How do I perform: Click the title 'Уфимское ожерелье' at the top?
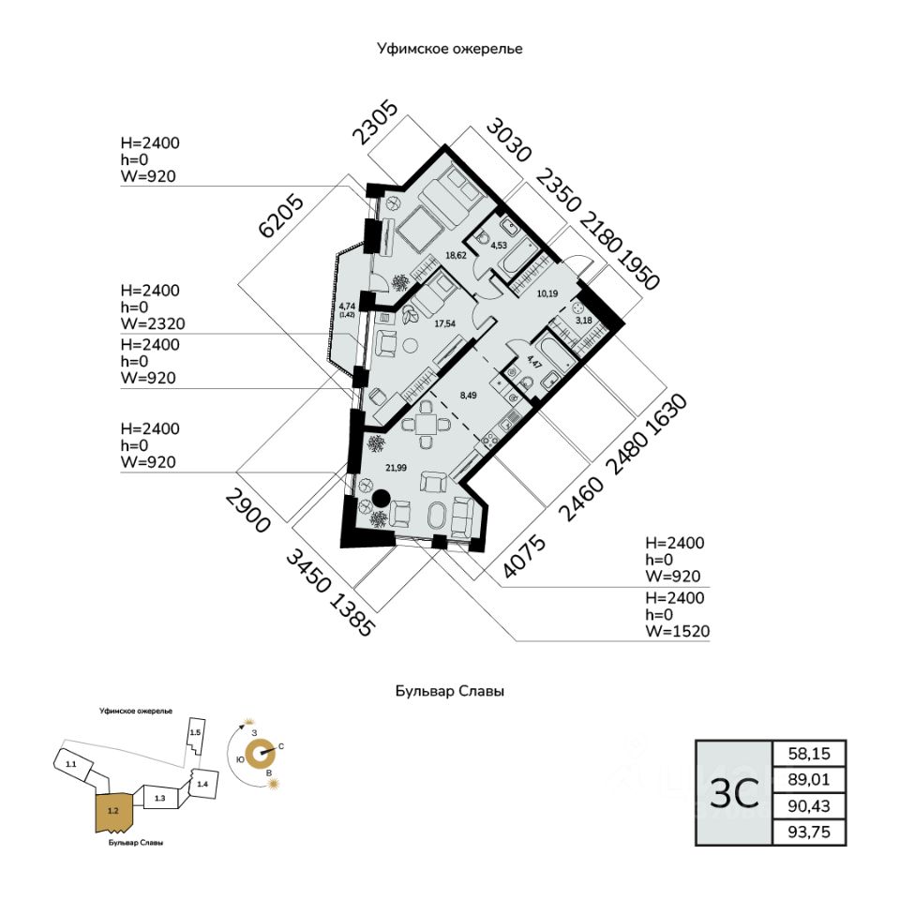pos(449,49)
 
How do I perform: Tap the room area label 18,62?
pos(456,254)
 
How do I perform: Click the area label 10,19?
pos(547,292)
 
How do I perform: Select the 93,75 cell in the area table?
pos(808,832)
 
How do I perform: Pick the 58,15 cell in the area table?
pos(808,753)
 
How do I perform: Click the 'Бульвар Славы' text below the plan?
pos(449,692)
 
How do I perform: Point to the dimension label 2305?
pos(375,122)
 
